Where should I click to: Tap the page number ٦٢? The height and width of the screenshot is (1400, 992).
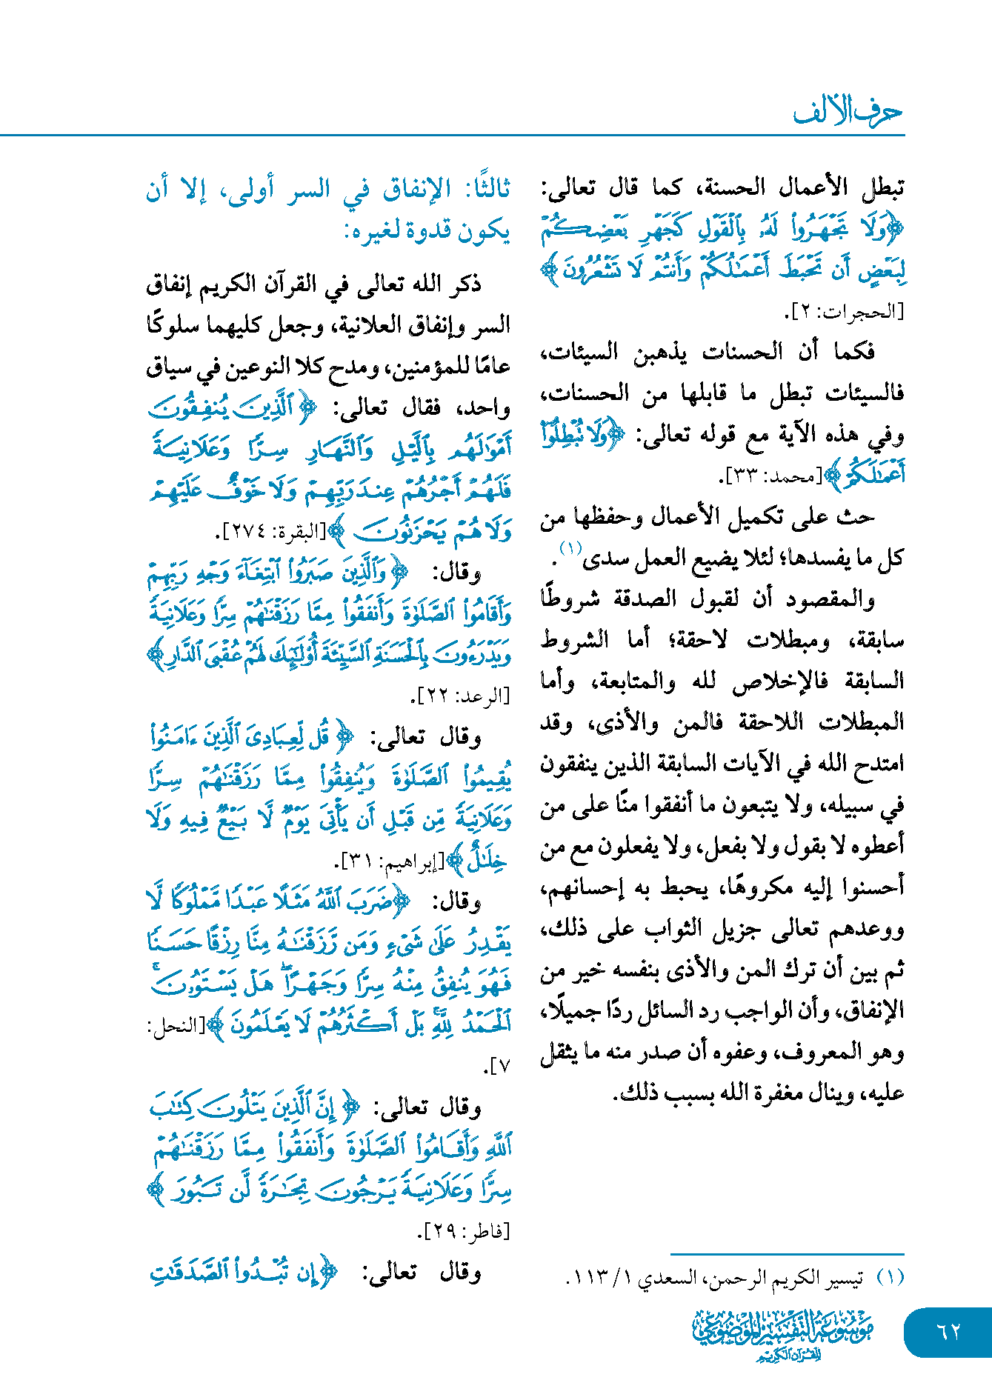pos(948,1332)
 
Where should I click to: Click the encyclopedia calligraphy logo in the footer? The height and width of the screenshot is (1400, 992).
pos(783,1334)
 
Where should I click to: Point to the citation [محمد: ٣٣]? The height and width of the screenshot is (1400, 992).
pos(771,476)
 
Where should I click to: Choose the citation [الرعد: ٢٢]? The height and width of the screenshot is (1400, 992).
pos(460,696)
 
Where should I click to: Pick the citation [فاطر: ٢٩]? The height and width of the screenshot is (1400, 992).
pos(465,1231)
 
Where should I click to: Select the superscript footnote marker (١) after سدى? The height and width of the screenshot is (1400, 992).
pos(570,549)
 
